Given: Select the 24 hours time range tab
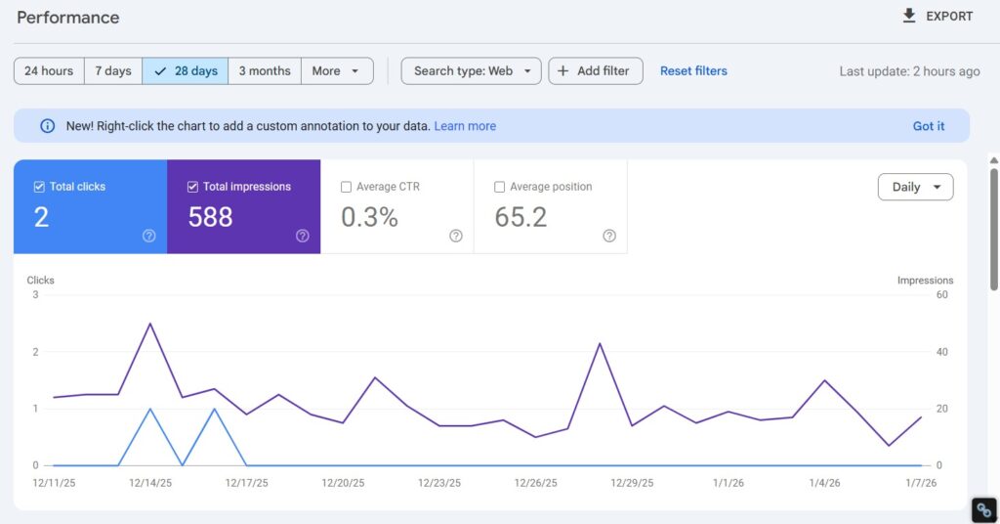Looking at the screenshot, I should (49, 71).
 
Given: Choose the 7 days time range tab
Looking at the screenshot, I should (112, 71).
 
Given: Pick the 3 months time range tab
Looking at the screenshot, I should (265, 71).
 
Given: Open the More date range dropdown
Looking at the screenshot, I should (337, 71).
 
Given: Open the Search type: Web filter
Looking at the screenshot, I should (471, 71).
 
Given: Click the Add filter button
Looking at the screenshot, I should (595, 71).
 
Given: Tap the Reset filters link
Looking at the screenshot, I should (693, 71).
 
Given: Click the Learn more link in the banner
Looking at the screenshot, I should (465, 126).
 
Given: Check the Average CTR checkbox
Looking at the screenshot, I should (347, 187).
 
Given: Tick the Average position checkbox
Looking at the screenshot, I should (500, 187).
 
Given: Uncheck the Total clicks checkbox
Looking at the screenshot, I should (39, 187).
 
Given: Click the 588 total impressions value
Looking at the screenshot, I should (210, 217).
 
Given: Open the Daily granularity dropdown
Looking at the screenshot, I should (915, 187).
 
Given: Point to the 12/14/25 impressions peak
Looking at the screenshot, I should (149, 324).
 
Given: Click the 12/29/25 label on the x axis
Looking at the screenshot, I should (632, 483).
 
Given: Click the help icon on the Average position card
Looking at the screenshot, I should (609, 236).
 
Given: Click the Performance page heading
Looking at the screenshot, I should (68, 18).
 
